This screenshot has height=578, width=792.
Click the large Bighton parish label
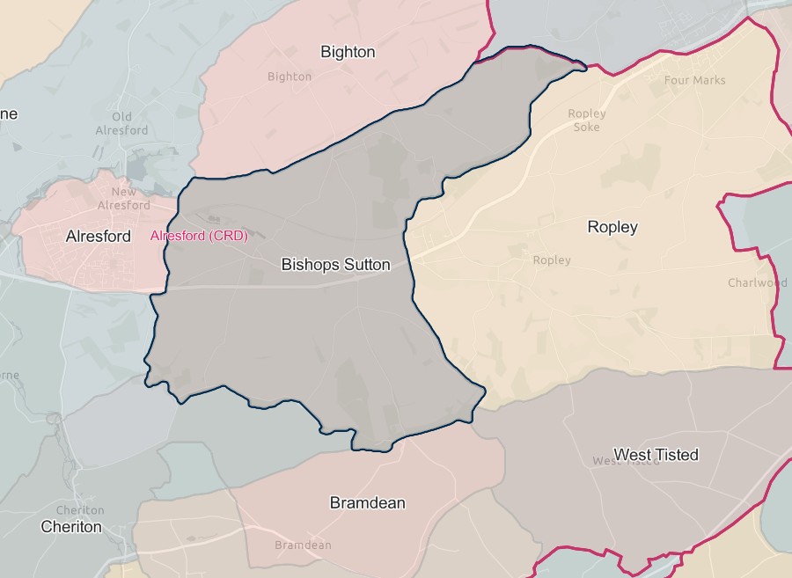[x=348, y=52]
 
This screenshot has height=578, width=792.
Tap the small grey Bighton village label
[x=290, y=77]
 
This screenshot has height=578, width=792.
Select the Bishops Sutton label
[x=335, y=264]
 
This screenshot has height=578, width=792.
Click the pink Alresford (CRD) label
[x=199, y=236]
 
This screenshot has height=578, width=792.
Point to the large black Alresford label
[x=98, y=236]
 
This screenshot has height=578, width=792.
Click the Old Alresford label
[x=121, y=124]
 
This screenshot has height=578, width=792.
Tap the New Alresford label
[x=124, y=198]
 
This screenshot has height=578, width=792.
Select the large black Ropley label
[x=612, y=227]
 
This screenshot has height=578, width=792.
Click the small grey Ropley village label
[x=552, y=260]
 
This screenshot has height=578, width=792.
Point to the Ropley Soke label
[x=587, y=121]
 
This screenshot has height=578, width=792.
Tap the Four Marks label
[x=695, y=80]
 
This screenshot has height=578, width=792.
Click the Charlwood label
[x=757, y=282]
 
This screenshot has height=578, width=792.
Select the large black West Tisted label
[x=656, y=455]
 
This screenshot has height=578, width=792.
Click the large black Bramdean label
[x=367, y=503]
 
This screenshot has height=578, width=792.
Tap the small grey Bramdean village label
[x=303, y=545]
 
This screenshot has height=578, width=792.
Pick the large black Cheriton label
[x=71, y=527]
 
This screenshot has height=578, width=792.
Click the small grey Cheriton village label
[x=79, y=510]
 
